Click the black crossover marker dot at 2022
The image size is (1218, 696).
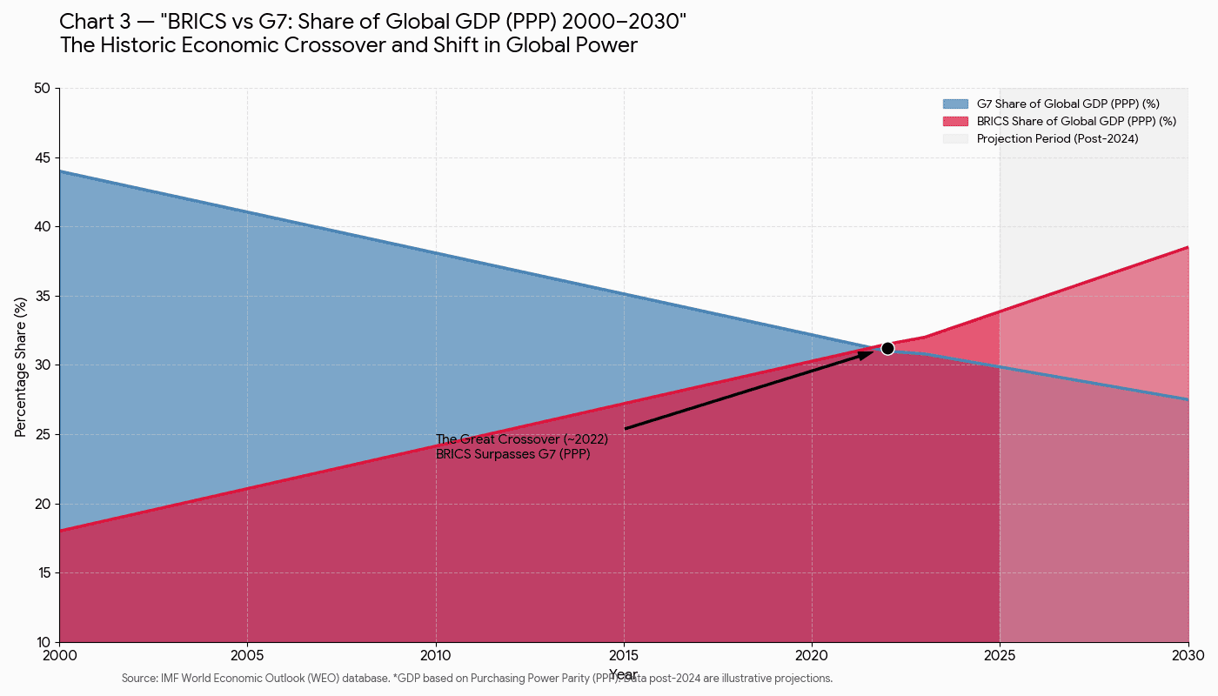pyautogui.click(x=887, y=348)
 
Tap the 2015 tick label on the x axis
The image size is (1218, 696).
pyautogui.click(x=624, y=655)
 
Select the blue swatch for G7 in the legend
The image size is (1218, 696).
pyautogui.click(x=955, y=104)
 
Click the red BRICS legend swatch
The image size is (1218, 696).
pyautogui.click(x=955, y=121)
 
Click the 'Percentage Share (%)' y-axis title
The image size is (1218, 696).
pyautogui.click(x=20, y=365)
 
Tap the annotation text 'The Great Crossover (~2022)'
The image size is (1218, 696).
pyautogui.click(x=521, y=439)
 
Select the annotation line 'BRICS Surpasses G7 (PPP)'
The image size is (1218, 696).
pyautogui.click(x=512, y=454)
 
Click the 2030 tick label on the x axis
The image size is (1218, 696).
pyautogui.click(x=1188, y=655)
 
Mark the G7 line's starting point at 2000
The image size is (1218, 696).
pyautogui.click(x=60, y=171)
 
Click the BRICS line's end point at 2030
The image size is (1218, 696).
pyautogui.click(x=1188, y=248)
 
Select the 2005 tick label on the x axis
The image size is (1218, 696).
pyautogui.click(x=247, y=655)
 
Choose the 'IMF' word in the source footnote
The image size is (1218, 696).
pyautogui.click(x=170, y=679)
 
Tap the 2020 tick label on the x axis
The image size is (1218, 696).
pyautogui.click(x=812, y=655)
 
